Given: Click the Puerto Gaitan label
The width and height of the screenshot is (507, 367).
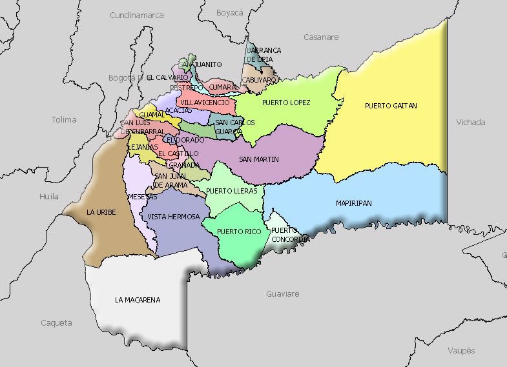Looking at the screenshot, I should [x=391, y=105].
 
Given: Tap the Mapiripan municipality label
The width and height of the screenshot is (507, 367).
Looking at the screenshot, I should [x=353, y=203].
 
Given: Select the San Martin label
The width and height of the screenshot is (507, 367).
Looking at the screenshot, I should [x=258, y=159].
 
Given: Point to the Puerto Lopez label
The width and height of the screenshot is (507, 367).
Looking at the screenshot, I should [x=286, y=103].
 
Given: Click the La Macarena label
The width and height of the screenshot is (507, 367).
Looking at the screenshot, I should [x=138, y=300].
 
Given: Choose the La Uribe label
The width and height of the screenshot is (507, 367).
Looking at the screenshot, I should [x=101, y=212].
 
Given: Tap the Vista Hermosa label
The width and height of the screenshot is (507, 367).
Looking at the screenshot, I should [x=174, y=217].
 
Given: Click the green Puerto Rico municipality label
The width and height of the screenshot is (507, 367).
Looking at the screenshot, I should [x=235, y=231].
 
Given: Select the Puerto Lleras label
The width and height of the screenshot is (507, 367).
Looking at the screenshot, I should [x=232, y=191].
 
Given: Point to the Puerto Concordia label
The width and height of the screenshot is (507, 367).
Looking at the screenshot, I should [x=285, y=235].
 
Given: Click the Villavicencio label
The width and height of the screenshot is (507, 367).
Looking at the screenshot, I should [x=204, y=103].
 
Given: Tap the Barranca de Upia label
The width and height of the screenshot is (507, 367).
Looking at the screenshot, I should [x=264, y=55].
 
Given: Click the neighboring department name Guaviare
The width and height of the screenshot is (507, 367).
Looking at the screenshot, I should [x=283, y=294].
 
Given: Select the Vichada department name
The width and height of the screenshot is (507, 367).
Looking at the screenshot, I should [x=470, y=122].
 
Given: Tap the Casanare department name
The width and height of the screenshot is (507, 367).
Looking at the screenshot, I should [x=321, y=37].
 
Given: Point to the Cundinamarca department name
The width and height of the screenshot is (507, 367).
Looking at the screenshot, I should [x=137, y=15].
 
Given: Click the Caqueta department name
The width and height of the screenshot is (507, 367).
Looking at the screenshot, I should [x=56, y=323].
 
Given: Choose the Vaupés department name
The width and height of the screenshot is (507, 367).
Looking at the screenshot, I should [x=461, y=351].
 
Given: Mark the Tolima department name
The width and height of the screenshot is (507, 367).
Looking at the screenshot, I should [x=64, y=119].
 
